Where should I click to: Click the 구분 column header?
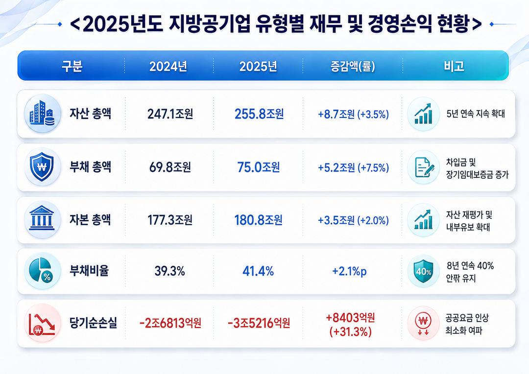pyautogui.click(x=72, y=66)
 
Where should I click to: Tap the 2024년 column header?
pyautogui.click(x=168, y=66)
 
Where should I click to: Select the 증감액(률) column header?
pyautogui.click(x=353, y=66)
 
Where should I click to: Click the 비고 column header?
pyautogui.click(x=454, y=66)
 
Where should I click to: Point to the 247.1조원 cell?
pyautogui.click(x=170, y=114)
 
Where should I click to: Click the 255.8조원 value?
pyautogui.click(x=259, y=114)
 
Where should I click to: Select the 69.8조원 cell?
pyautogui.click(x=170, y=167)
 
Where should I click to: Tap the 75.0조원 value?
pyautogui.click(x=259, y=167)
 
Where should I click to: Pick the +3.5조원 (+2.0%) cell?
pyautogui.click(x=353, y=220)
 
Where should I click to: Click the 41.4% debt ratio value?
pyautogui.click(x=258, y=271)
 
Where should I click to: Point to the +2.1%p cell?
pyautogui.click(x=349, y=271)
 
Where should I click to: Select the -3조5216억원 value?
pyautogui.click(x=259, y=324)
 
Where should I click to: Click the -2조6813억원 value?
pyautogui.click(x=170, y=324)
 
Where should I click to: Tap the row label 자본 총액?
pyautogui.click(x=90, y=220)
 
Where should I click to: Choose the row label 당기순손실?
pyautogui.click(x=93, y=323)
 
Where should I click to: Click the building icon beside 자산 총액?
pyautogui.click(x=42, y=113)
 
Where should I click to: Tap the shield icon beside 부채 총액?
pyautogui.click(x=42, y=167)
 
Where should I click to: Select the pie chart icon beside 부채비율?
pyautogui.click(x=42, y=271)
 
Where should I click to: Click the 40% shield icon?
pyautogui.click(x=423, y=271)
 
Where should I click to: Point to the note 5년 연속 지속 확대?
pyautogui.click(x=476, y=114)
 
